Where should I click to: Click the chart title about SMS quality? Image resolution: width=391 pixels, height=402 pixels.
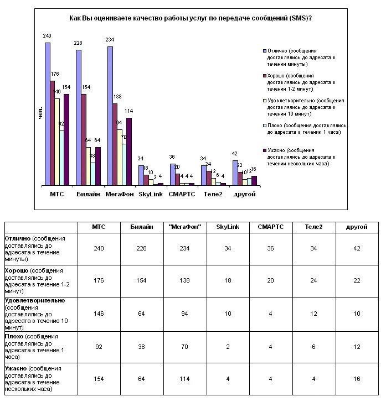tap(190, 18)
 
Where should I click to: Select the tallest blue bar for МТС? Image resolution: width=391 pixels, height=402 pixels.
tap(48, 113)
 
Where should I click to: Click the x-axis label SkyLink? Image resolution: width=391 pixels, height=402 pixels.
tap(150, 194)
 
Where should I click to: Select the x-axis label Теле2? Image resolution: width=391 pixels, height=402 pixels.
tap(212, 194)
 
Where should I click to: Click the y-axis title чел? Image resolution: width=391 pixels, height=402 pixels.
tap(40, 113)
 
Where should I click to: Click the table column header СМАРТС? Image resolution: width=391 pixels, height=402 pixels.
tap(268, 227)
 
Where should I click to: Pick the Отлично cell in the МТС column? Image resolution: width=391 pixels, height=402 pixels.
tap(98, 248)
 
